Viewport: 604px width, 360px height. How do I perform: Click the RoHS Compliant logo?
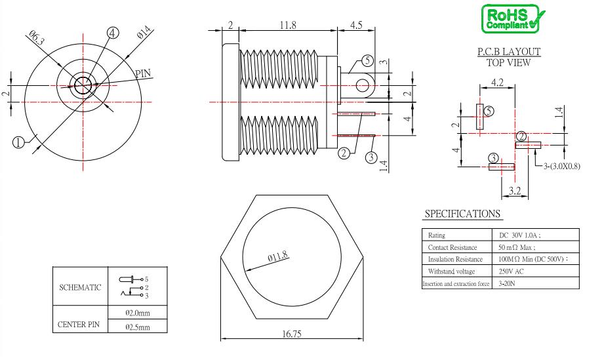[513, 19]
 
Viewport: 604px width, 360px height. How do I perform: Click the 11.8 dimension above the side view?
[287, 25]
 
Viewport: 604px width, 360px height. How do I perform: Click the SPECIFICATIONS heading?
[462, 213]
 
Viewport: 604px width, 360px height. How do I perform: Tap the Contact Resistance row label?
[453, 247]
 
